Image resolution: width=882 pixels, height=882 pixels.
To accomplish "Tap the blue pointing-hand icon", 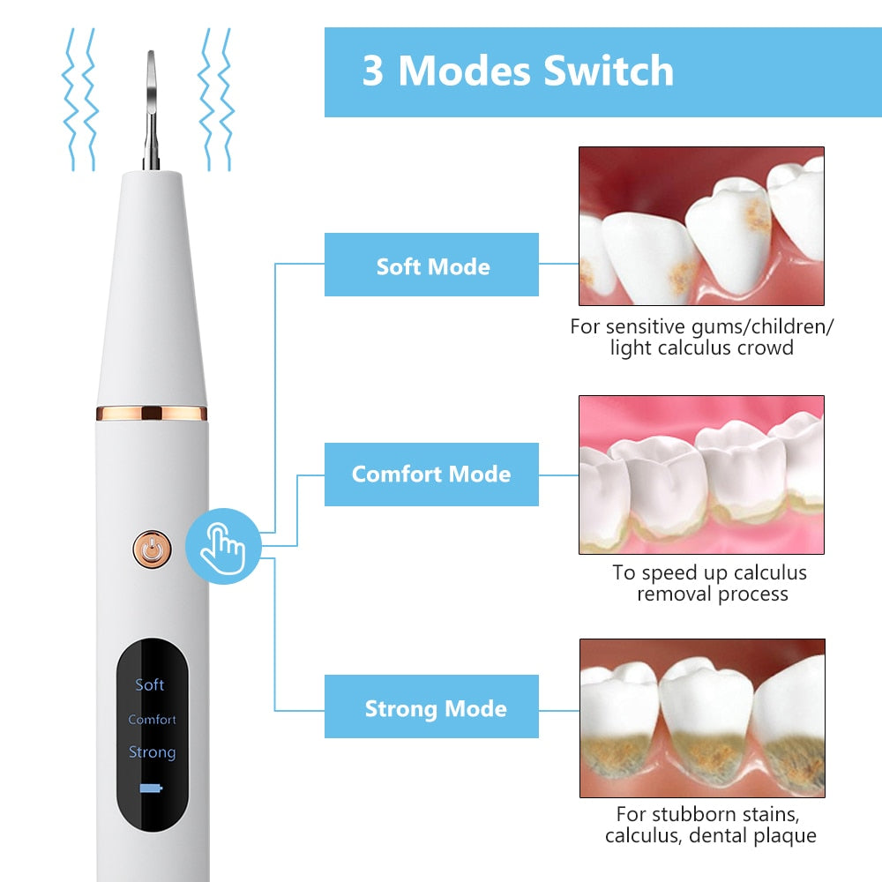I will click(x=223, y=546).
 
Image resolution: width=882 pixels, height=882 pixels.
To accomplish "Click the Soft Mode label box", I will click(x=431, y=265).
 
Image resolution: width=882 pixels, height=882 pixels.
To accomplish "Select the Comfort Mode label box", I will click(x=431, y=475).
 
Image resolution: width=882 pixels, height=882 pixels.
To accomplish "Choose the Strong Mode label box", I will click(x=431, y=707).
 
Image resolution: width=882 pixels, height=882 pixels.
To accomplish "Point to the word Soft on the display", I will click(x=150, y=684).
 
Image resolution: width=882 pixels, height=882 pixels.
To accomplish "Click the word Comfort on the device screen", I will click(x=152, y=720).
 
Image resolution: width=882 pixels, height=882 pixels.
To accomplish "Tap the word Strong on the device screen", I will click(x=152, y=752).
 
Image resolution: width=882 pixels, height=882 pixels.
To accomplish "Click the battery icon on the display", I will click(x=152, y=788).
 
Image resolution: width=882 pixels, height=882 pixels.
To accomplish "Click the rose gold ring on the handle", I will click(x=152, y=413).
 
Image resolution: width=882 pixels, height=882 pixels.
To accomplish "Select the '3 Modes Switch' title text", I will click(x=518, y=71).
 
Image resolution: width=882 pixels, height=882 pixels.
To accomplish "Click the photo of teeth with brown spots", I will click(x=701, y=227).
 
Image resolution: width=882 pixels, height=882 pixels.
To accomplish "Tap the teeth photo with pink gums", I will click(x=701, y=475).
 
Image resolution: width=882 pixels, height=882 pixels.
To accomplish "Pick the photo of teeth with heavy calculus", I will click(x=701, y=718).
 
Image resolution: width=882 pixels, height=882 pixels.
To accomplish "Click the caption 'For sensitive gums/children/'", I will click(x=701, y=326).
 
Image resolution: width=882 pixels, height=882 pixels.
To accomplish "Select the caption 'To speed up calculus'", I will click(x=709, y=572).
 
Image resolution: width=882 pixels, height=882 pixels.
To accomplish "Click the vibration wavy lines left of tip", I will click(x=79, y=99).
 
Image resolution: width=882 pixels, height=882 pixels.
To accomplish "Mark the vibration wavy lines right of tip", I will click(x=216, y=99).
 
